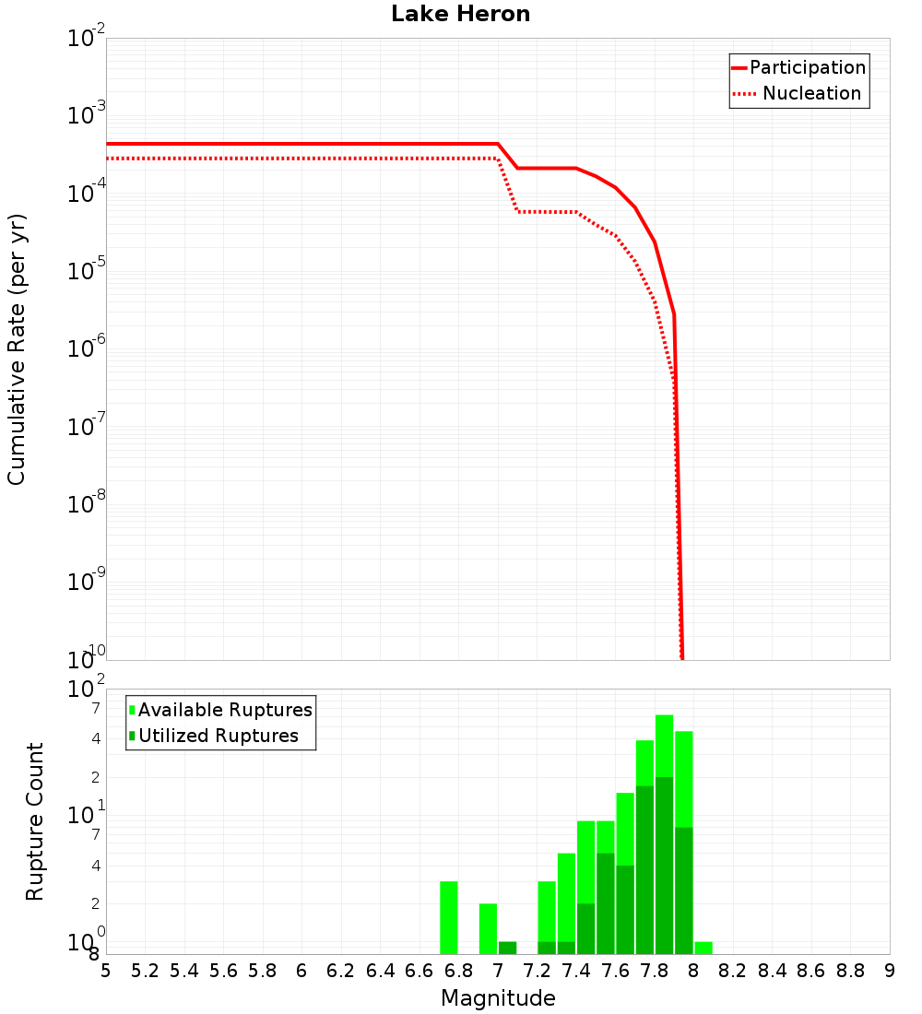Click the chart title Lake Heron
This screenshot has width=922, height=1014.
click(x=460, y=14)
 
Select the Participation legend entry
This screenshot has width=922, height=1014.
click(x=798, y=67)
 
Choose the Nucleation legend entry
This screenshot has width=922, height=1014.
click(x=798, y=93)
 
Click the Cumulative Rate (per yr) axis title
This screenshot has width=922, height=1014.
click(x=17, y=349)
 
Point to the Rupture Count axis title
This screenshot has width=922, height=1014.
click(x=35, y=821)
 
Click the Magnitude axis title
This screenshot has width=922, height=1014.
click(x=498, y=998)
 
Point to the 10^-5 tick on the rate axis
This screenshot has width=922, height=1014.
click(x=88, y=270)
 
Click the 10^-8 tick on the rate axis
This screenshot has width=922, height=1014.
click(x=88, y=503)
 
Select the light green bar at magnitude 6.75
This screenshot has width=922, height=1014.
click(x=449, y=917)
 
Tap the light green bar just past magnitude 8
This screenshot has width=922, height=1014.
click(x=703, y=948)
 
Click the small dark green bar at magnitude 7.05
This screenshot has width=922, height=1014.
click(x=507, y=948)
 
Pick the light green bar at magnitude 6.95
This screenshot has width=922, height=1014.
click(x=488, y=928)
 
